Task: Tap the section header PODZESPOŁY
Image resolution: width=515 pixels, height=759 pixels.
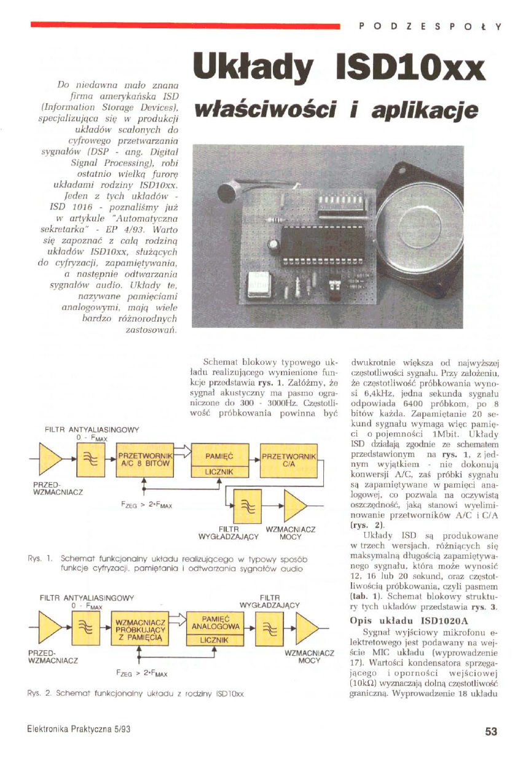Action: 430,26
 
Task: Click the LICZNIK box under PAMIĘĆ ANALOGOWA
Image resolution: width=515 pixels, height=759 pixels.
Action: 215,640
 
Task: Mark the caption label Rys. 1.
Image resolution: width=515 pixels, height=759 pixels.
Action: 37,560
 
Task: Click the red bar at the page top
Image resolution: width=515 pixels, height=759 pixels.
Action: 184,26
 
